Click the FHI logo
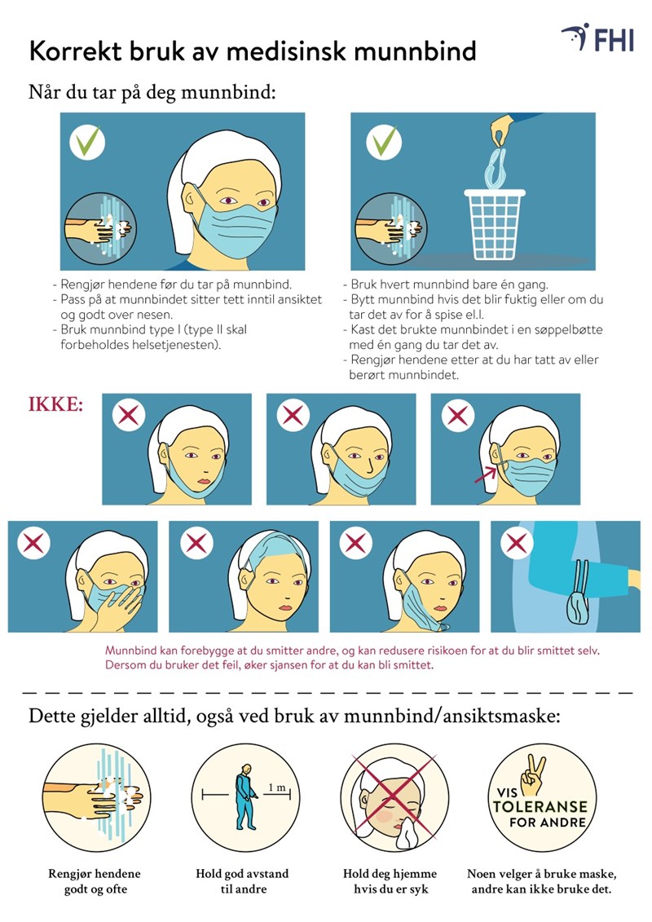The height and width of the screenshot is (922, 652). (x=598, y=38)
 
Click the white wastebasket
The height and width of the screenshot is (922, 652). (x=495, y=224)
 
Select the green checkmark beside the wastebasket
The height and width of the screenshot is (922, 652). (x=384, y=143)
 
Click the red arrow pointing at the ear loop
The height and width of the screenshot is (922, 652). (x=486, y=474)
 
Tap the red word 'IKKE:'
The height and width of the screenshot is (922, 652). (x=56, y=404)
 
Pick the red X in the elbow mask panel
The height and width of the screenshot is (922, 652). (x=517, y=544)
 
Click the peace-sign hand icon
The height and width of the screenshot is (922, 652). (x=533, y=775)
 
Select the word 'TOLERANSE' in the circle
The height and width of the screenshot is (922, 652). (x=540, y=806)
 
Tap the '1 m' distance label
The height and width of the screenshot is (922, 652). (x=277, y=787)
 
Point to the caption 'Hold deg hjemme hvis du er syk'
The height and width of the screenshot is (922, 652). (x=390, y=881)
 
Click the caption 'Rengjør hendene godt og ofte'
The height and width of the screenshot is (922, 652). (x=95, y=881)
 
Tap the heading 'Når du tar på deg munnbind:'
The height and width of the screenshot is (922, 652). (x=152, y=93)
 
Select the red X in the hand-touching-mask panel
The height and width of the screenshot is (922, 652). (x=33, y=543)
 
